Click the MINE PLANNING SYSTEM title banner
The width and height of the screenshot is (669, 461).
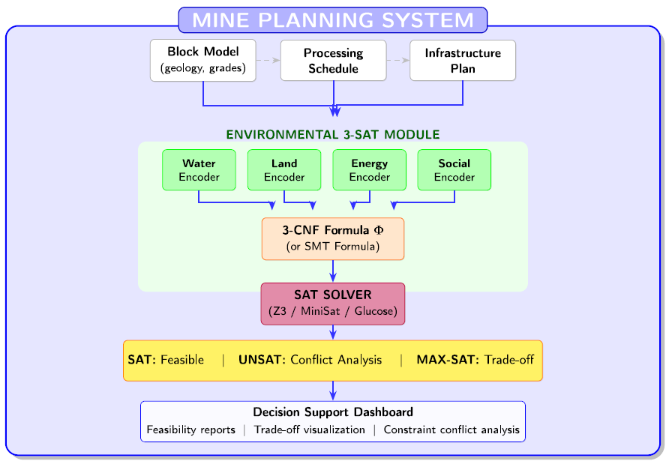pos(333,20)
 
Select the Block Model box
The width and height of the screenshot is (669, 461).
pos(203,60)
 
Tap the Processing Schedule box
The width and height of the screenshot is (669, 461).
pos(333,60)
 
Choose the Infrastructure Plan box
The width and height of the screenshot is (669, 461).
pos(463,60)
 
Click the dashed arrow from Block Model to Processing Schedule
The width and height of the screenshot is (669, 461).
pos(268,60)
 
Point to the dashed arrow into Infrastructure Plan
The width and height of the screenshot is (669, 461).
pos(398,60)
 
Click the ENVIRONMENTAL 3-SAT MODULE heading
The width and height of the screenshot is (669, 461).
pos(333,134)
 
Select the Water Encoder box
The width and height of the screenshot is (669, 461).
pos(199,169)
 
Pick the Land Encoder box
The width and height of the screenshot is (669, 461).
pos(284,169)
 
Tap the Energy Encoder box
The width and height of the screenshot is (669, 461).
pos(370,169)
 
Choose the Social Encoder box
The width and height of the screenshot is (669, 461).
pos(454,169)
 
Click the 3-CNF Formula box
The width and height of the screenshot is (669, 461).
pos(333,239)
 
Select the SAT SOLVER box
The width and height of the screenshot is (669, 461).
pos(333,304)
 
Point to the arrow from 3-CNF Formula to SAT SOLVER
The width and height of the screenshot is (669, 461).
pos(333,271)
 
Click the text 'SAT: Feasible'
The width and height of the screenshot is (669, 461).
pos(166,360)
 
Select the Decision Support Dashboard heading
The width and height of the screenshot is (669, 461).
pos(333,412)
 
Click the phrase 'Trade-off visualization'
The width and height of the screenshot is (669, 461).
pos(309,430)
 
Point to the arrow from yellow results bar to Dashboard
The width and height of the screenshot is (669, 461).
pos(333,391)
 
